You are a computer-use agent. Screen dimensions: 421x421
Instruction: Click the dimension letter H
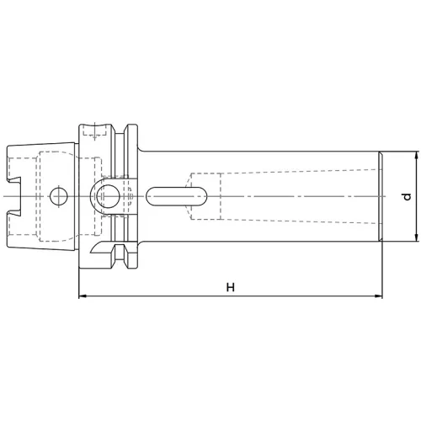[x=231, y=287]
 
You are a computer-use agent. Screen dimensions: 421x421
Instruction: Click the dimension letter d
[x=407, y=196]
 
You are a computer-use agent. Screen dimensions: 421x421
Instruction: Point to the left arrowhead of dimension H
[x=83, y=296]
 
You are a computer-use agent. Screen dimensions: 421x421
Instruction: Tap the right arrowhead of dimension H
[x=379, y=296]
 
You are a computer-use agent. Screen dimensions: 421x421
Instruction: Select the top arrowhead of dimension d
[x=416, y=155]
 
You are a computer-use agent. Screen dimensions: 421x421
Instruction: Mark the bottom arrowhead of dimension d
[x=416, y=237]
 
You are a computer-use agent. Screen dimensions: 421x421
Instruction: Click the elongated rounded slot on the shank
[x=177, y=196]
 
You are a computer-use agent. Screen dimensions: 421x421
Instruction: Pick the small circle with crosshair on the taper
[x=59, y=196]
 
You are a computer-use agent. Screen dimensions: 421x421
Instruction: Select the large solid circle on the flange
[x=108, y=196]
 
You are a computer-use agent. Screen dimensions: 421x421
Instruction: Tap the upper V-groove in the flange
[x=120, y=130]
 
